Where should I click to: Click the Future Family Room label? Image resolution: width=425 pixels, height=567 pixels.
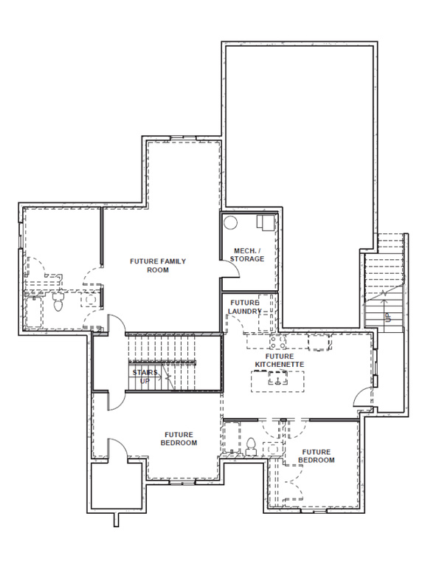[x=158, y=266]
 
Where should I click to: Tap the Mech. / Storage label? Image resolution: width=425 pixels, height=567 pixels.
[x=247, y=255]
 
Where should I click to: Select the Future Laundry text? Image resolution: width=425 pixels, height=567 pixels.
[x=245, y=306]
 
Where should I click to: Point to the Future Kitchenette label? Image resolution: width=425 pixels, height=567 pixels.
[x=280, y=360]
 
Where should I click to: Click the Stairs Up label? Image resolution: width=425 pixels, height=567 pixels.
[x=145, y=377]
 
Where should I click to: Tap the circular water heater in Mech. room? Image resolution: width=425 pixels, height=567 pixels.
[x=230, y=222]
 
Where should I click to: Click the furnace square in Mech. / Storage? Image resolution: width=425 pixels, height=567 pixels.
[x=266, y=222]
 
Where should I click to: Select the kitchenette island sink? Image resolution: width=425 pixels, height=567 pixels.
[x=278, y=379]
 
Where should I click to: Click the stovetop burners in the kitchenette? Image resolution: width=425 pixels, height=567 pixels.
[x=278, y=342]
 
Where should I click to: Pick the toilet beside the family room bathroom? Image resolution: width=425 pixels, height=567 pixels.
[x=58, y=302]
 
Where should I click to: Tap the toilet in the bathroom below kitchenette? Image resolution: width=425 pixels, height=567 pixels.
[x=250, y=446]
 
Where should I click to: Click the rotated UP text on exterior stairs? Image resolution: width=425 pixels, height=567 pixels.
[x=388, y=317]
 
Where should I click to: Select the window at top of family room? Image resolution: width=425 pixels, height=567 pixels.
[x=183, y=138]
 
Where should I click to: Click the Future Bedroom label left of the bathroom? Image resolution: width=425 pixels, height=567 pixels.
[x=179, y=439]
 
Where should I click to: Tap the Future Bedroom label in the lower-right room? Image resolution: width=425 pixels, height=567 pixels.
[x=317, y=456]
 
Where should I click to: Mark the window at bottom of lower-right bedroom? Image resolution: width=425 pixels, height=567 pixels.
[x=314, y=511]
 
